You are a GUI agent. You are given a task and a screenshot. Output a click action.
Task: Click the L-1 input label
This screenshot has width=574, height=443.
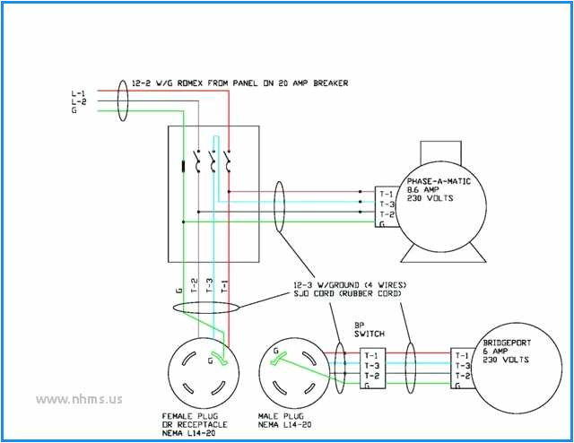[x=79, y=93]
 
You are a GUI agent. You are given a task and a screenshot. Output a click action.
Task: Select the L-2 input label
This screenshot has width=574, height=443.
[x=79, y=102]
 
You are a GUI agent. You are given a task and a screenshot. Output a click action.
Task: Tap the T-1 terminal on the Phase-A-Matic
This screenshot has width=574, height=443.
[x=386, y=193]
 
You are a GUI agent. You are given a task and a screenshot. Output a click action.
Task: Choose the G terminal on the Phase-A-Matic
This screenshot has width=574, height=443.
[x=384, y=225]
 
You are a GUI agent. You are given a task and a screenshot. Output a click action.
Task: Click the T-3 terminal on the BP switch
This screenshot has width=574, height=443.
[x=371, y=365]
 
